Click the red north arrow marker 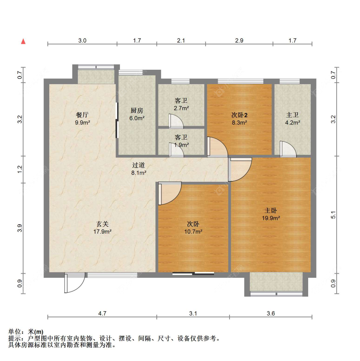(23, 41)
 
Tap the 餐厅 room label (83, 115)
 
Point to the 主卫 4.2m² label (292, 119)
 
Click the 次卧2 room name (239, 115)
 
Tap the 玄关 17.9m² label (102, 228)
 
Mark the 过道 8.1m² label (139, 169)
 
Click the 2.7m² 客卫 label (181, 104)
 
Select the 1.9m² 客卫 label (181, 141)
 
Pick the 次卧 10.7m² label (193, 228)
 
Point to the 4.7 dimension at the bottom (102, 313)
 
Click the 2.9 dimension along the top (239, 41)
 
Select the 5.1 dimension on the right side (333, 215)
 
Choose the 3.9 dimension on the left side (20, 228)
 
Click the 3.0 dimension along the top (82, 41)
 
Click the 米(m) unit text (36, 332)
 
